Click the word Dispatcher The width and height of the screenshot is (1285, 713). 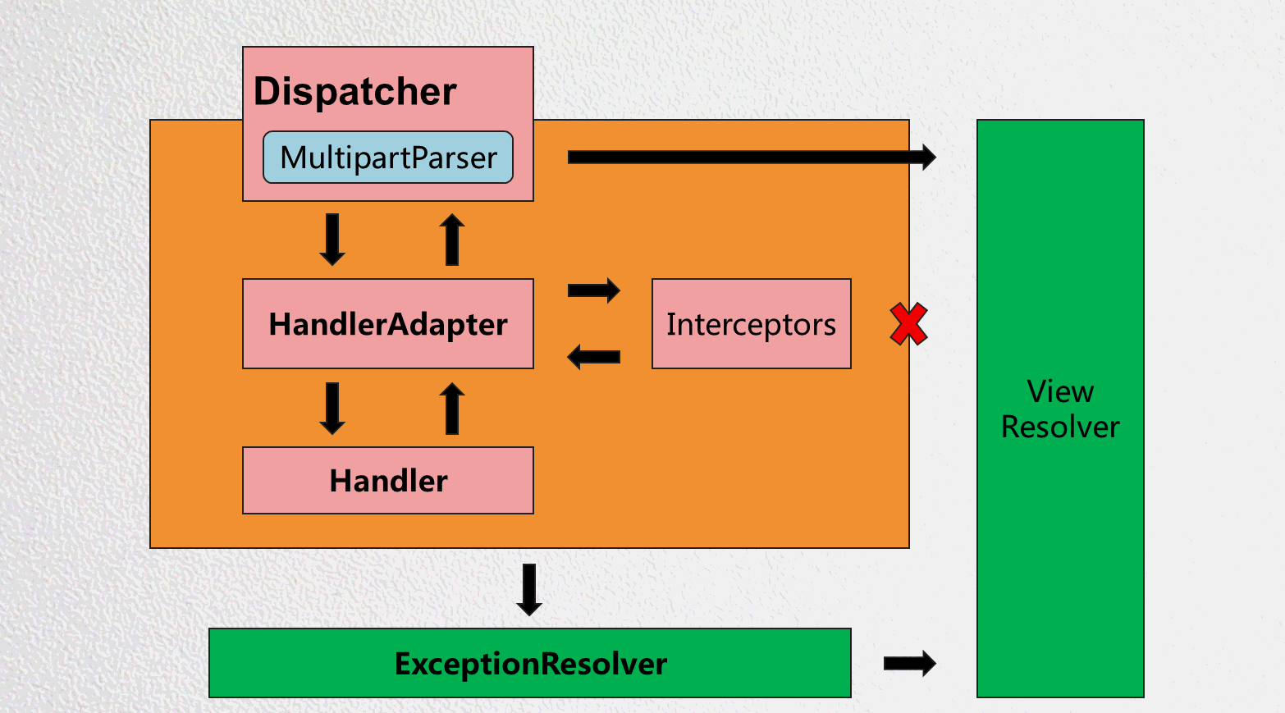point(354,91)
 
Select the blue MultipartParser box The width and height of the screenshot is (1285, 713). point(388,158)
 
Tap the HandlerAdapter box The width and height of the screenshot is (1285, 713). point(388,324)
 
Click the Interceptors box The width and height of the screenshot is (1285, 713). point(751,324)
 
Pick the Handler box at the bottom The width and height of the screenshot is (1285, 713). point(388,481)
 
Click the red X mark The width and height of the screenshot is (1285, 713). point(908,324)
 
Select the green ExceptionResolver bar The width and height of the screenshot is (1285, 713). point(530,664)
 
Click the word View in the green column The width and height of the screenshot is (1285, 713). point(1060,391)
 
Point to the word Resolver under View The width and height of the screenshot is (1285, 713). point(1060,427)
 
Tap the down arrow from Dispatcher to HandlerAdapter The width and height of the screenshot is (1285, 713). point(332,240)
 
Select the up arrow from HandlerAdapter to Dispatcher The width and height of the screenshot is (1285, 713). point(452,240)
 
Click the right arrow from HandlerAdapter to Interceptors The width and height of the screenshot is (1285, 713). point(594,290)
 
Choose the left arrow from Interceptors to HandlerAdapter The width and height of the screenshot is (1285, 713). point(594,357)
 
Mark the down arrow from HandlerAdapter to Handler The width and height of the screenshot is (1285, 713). point(332,408)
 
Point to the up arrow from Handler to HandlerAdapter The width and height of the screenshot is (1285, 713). point(452,408)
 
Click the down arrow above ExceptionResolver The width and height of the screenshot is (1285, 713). point(529,589)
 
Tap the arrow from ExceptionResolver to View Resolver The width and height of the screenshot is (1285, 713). point(909,663)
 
